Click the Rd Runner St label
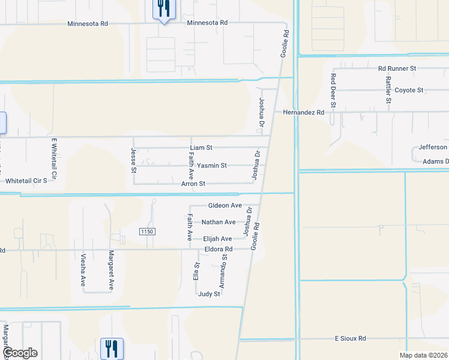397,68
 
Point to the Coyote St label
409,90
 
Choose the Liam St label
201,147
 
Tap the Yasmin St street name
212,165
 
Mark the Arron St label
193,184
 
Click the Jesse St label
133,161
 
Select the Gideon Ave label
224,205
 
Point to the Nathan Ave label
218,222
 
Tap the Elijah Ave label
217,239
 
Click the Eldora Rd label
218,249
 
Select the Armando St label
223,272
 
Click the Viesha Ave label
83,270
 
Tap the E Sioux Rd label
351,339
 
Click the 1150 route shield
147,232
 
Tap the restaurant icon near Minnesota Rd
163,9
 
